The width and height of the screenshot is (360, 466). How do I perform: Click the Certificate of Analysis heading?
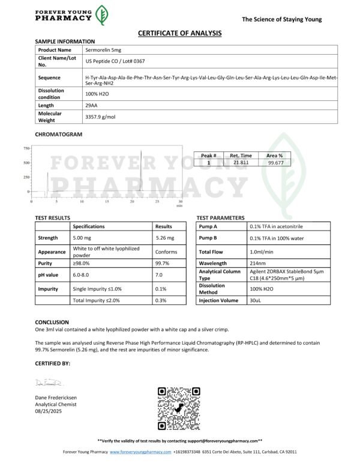pos(180,33)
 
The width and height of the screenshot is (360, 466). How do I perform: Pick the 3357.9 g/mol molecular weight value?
pos(101,116)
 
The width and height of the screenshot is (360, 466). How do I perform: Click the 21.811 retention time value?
pos(241,162)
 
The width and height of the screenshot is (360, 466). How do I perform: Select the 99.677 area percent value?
pos(276,162)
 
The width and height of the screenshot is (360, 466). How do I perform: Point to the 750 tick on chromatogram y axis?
pos(26,148)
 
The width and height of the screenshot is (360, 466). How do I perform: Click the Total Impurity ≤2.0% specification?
pos(97,300)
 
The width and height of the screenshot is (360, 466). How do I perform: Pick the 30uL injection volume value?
pos(256,300)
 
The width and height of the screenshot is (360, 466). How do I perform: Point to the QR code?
pos(178,408)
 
